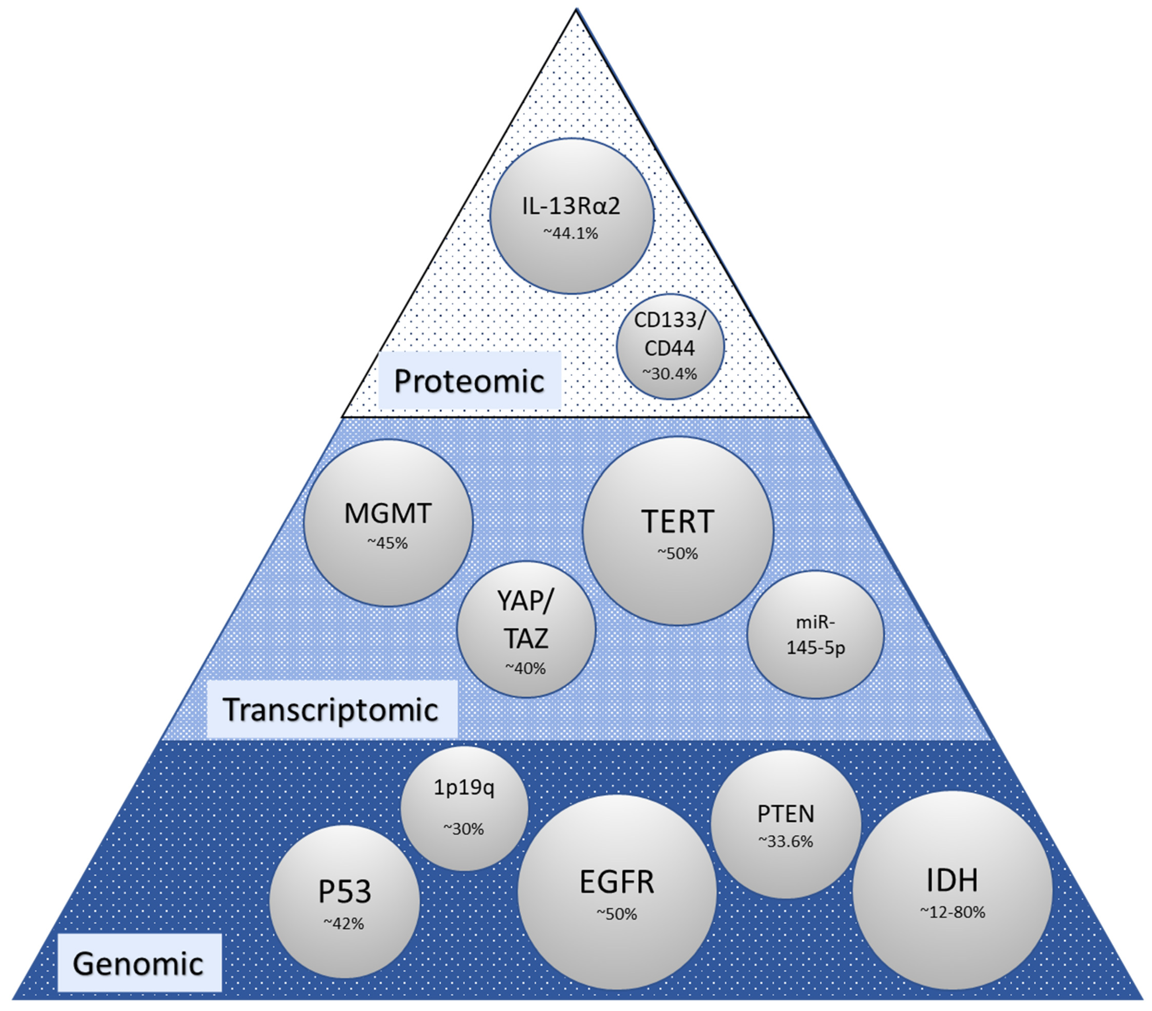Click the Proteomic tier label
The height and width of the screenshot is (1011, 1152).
pos(469,381)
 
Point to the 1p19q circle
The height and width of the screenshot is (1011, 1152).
pos(464,808)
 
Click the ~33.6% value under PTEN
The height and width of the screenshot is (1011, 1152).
pos(786,842)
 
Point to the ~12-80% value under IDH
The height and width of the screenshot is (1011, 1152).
pos(952,913)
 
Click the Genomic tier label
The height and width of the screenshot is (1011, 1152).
pos(138,964)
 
